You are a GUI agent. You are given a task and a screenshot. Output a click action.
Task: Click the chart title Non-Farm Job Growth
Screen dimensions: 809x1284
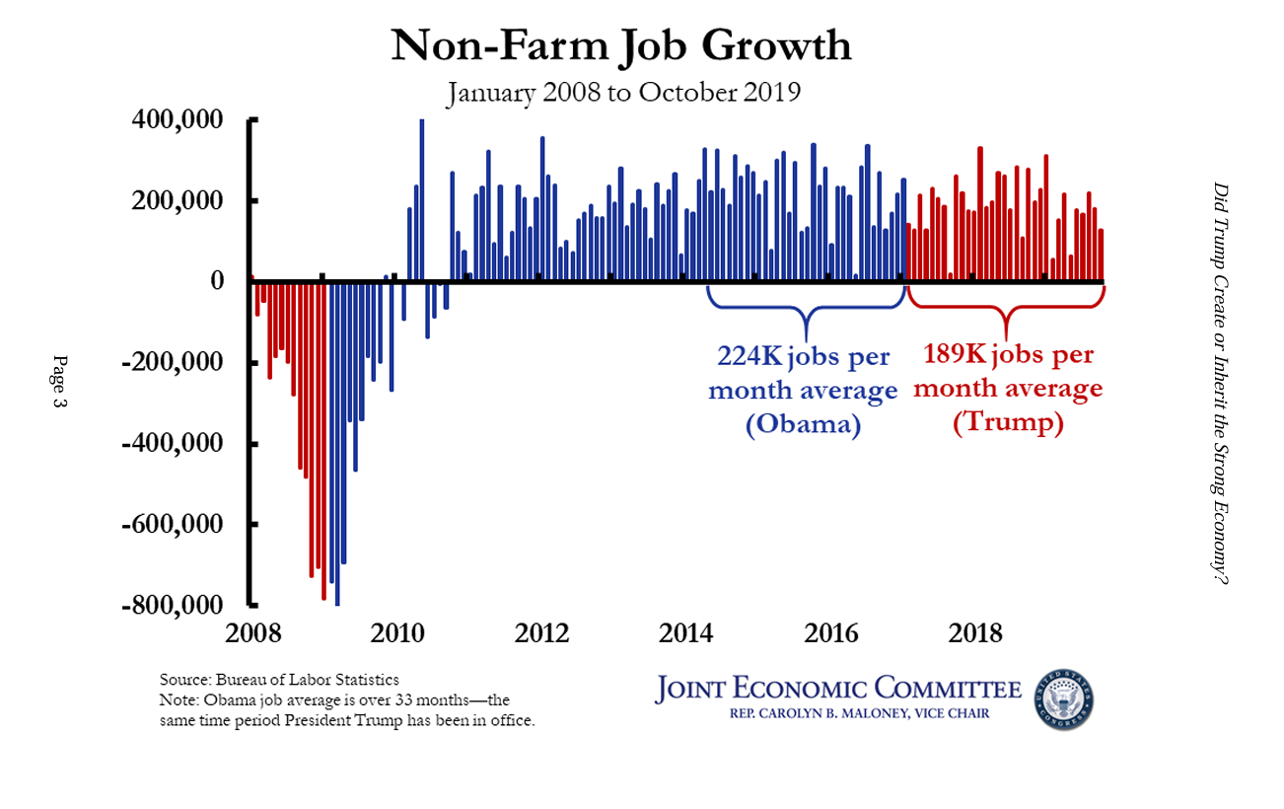[x=620, y=46]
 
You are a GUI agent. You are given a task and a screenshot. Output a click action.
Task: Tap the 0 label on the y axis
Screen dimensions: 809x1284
[x=229, y=282]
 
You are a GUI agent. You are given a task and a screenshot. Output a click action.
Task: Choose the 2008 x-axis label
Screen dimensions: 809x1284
[x=252, y=632]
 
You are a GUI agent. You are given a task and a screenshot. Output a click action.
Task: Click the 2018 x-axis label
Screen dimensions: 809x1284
[x=976, y=632]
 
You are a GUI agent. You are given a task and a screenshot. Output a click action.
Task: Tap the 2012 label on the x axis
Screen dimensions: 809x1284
[x=542, y=632]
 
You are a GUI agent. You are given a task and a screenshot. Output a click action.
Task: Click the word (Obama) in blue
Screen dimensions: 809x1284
[x=803, y=424]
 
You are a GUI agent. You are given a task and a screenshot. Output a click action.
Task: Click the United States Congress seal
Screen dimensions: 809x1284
[x=1063, y=699]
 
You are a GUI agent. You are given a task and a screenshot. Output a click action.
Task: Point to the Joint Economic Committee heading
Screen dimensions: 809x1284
[x=837, y=689]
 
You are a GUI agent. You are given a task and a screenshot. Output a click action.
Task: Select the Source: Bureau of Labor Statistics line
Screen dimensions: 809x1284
[x=279, y=680]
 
